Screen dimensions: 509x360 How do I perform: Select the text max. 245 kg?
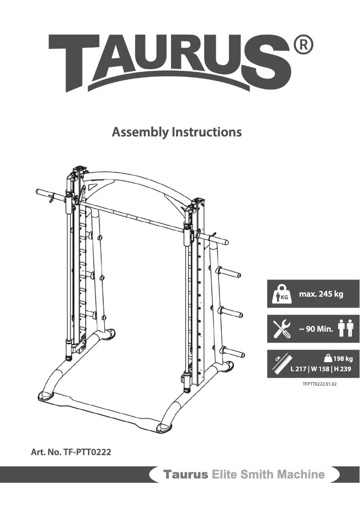pyautogui.click(x=321, y=294)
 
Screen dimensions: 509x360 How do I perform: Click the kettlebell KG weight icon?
pyautogui.click(x=281, y=294)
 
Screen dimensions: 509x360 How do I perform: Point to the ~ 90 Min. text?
pyautogui.click(x=316, y=329)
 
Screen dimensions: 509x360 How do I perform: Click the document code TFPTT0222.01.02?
pyautogui.click(x=320, y=385)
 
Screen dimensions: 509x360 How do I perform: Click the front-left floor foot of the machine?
pyautogui.click(x=45, y=395)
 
